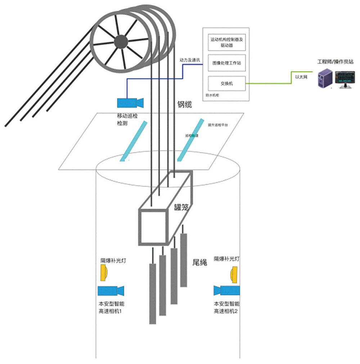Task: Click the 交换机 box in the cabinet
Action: click(227, 83)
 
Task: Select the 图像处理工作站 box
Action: click(227, 63)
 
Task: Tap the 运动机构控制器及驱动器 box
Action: click(227, 42)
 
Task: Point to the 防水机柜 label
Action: click(212, 95)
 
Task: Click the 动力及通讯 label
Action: click(189, 60)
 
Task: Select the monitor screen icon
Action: click(345, 79)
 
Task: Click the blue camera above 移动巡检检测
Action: click(130, 102)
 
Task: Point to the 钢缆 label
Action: click(184, 105)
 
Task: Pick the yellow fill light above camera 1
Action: click(104, 273)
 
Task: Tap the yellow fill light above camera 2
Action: click(234, 274)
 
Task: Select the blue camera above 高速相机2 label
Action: click(227, 290)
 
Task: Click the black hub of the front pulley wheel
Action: click(120, 40)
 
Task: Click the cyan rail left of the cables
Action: click(134, 141)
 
